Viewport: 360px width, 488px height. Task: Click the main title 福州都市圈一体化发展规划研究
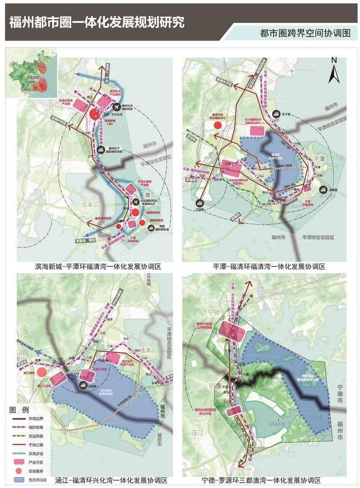97,22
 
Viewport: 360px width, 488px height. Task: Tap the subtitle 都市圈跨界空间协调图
305,33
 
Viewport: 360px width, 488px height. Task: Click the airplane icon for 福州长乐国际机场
117,107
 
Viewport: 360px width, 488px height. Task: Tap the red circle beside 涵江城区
41,372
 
